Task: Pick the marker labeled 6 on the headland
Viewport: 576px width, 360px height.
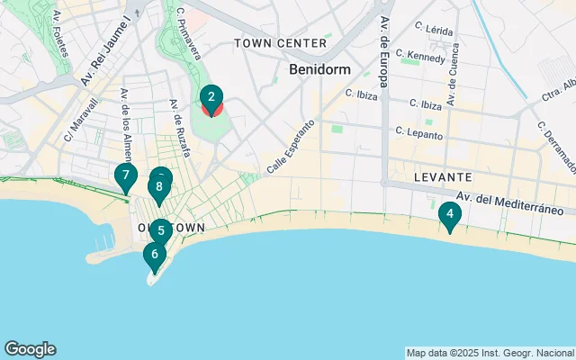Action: click(x=155, y=255)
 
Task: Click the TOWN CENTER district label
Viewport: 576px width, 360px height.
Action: click(x=280, y=43)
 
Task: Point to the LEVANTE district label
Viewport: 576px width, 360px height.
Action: click(x=443, y=178)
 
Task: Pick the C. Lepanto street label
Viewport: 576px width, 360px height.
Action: click(x=419, y=133)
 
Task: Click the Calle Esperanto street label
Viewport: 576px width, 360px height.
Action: click(x=291, y=146)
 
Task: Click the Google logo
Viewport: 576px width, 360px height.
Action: click(x=30, y=349)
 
